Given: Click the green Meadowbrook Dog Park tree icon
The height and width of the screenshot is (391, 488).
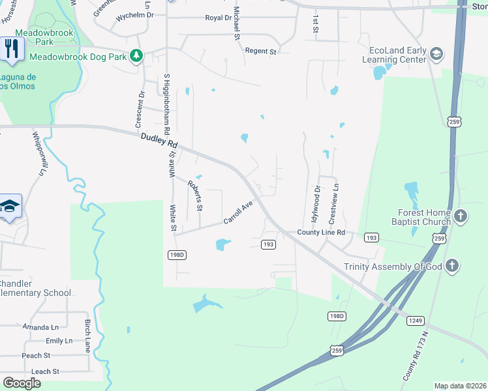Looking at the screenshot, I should tap(136, 56).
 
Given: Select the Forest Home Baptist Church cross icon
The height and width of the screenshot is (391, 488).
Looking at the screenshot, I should tap(461, 216).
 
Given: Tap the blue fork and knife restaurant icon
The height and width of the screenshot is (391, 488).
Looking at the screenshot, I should tap(12, 50).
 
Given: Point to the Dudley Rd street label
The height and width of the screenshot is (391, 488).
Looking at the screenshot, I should tap(159, 139).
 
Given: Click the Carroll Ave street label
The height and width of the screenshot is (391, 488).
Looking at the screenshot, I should tap(238, 212).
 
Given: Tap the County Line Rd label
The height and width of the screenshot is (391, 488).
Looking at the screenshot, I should tap(320, 232).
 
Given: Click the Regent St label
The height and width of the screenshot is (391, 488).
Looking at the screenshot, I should tap(261, 50).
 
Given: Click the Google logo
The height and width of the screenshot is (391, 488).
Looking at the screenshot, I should tap(22, 383).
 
